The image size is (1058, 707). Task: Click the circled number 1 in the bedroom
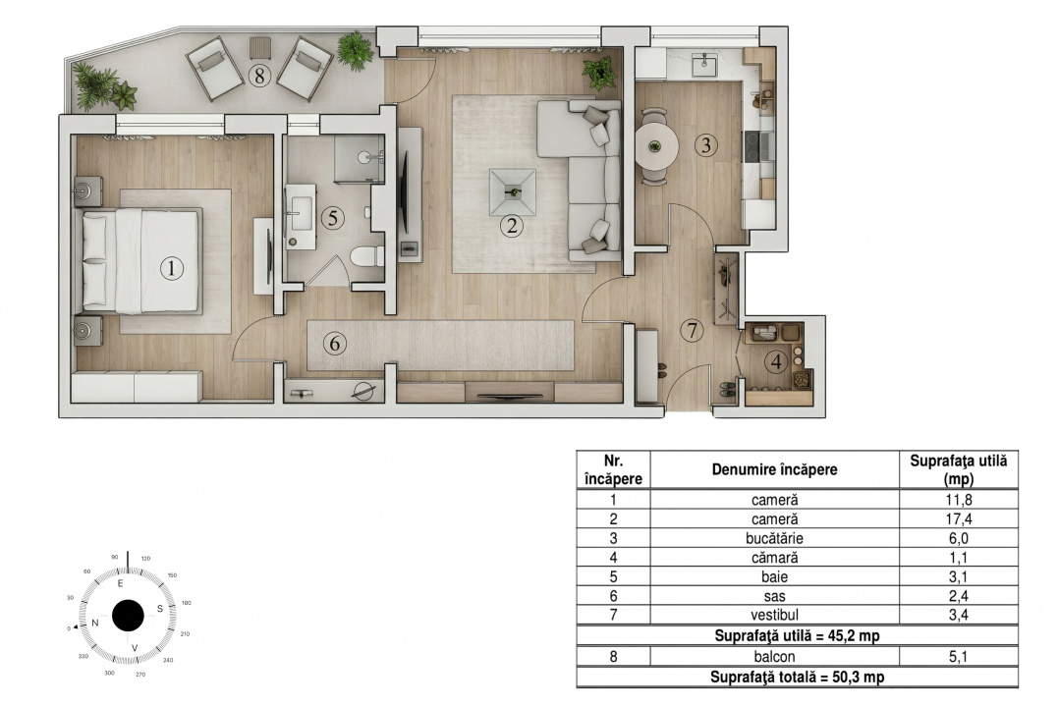[171, 267]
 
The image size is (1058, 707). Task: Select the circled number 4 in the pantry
[777, 361]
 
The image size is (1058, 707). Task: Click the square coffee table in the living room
[512, 190]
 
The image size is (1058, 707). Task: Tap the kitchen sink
[703, 65]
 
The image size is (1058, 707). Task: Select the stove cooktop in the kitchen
[759, 147]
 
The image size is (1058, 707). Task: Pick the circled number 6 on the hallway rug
[335, 344]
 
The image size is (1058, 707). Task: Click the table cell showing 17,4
[958, 518]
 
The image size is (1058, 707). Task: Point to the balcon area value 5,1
[958, 657]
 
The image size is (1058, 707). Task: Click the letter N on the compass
[95, 623]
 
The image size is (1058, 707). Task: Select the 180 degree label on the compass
[187, 602]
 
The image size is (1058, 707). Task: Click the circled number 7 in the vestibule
[694, 330]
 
